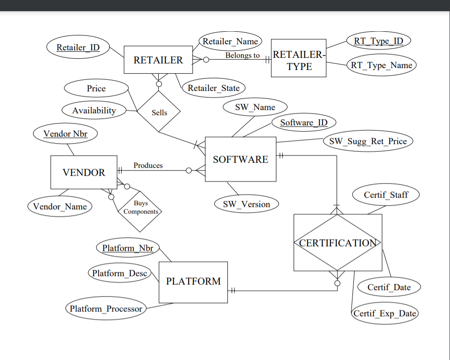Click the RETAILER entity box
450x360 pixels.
158,60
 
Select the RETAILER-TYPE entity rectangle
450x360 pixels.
299,60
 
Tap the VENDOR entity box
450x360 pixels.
84,172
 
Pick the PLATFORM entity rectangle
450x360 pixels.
193,282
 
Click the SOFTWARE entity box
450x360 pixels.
240,159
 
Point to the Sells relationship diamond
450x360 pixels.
159,112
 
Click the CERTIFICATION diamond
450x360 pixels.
337,242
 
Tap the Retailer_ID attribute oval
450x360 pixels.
78,48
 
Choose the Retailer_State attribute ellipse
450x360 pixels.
213,88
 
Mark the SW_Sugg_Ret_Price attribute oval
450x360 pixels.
368,141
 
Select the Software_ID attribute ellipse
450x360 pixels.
304,123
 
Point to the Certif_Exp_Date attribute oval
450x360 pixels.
385,313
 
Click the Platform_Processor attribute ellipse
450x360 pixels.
106,309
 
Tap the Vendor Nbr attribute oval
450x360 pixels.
65,134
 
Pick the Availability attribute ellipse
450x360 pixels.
94,111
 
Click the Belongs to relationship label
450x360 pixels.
242,55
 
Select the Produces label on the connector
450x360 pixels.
148,166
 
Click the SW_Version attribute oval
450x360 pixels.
246,204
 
